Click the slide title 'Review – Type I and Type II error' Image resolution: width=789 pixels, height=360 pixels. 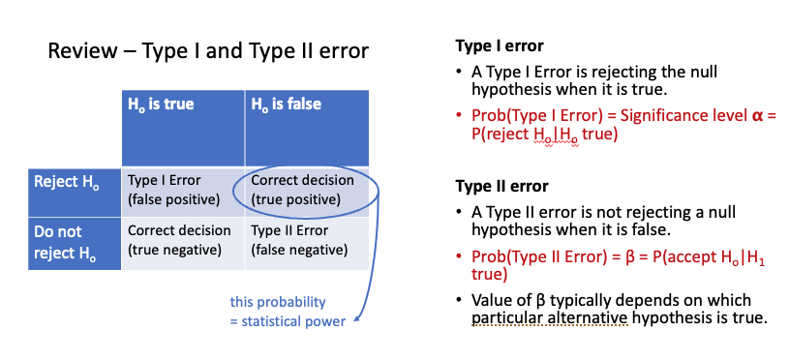pyautogui.click(x=208, y=51)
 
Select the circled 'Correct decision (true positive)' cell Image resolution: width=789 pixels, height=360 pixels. pyautogui.click(x=303, y=191)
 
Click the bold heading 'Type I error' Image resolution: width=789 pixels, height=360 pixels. pyautogui.click(x=500, y=46)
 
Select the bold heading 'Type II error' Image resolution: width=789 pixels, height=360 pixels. pyautogui.click(x=501, y=186)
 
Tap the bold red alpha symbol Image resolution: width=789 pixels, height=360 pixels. pyautogui.click(x=757, y=116)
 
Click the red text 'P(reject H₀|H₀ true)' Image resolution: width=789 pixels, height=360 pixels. pyautogui.click(x=544, y=135)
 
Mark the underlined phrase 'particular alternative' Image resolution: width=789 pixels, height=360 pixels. pyautogui.click(x=550, y=318)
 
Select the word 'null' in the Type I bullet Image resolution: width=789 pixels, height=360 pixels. pyautogui.click(x=705, y=72)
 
